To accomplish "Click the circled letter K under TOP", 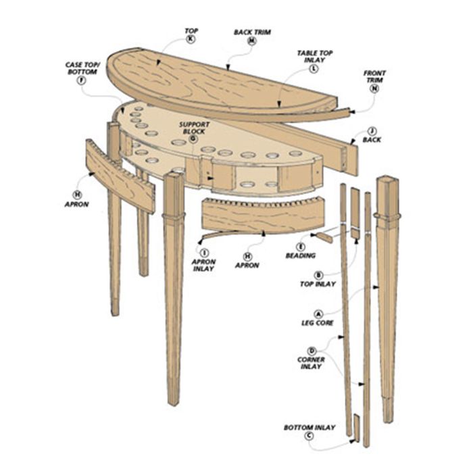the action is pos(191,39).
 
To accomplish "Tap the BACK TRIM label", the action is pos(253,32).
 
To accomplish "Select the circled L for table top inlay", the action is pos(314,69).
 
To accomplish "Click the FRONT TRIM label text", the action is pos(374,76).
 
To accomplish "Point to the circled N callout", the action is pos(374,89).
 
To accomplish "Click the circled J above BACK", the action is pos(372,131).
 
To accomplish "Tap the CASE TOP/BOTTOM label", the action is pos(82,68).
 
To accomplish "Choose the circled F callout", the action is pos(82,80).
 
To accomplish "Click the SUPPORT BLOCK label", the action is pos(195,128).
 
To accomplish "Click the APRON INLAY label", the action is pos(203,265).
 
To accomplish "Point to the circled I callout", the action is pos(205,253).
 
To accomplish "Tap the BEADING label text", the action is pos(301,256).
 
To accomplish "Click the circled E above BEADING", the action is pos(301,247).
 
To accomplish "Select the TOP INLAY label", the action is pos(318,284).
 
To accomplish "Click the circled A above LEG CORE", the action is pos(318,314).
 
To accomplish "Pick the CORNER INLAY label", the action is pos(311,364).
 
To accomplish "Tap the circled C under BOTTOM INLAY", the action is pos(309,436).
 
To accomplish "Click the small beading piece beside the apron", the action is pos(324,238).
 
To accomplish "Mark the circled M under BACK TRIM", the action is pos(252,41).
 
